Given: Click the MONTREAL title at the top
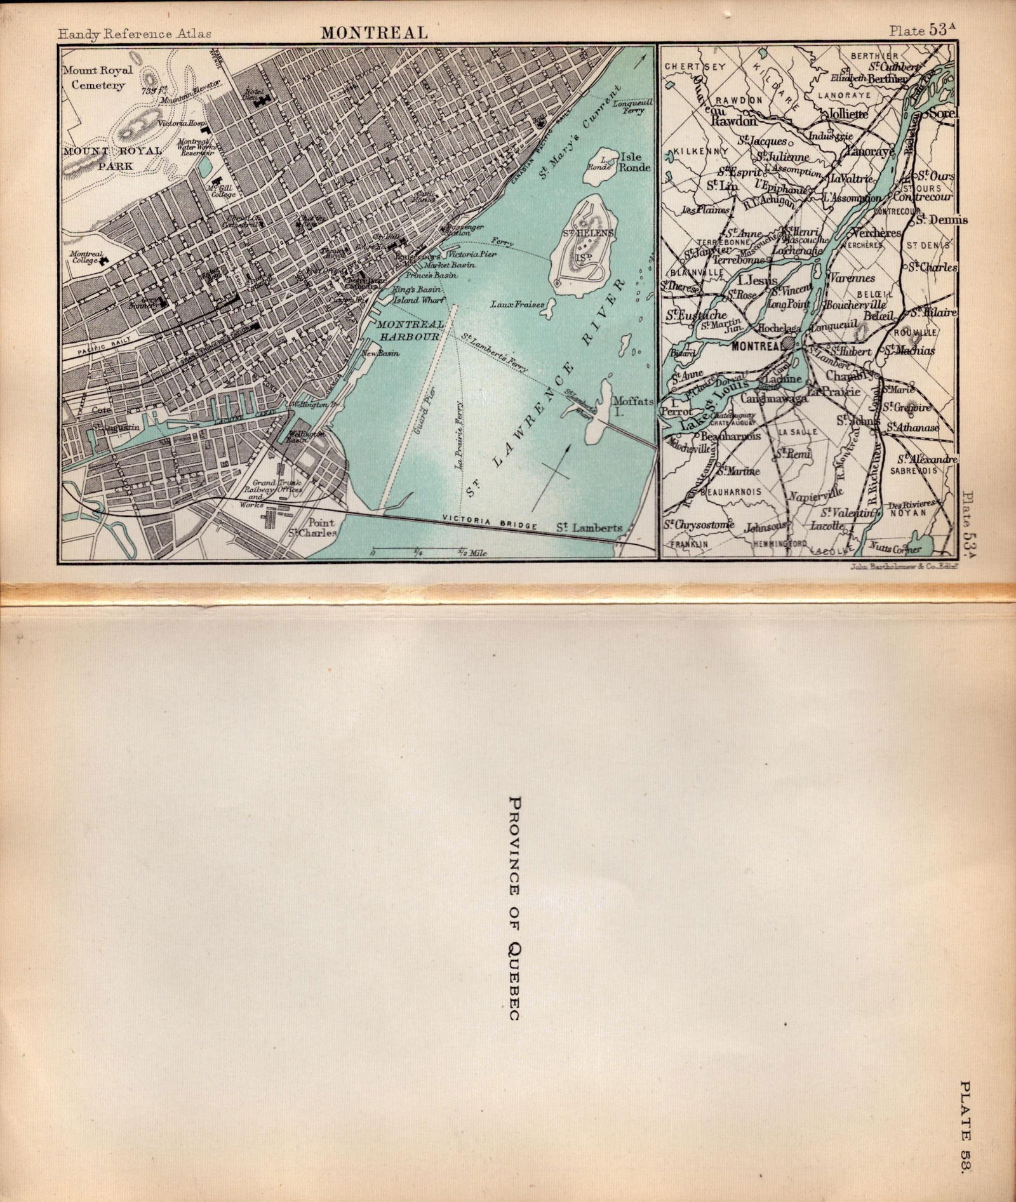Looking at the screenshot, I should point(373,32).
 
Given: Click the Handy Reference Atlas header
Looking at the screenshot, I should point(135,34).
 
